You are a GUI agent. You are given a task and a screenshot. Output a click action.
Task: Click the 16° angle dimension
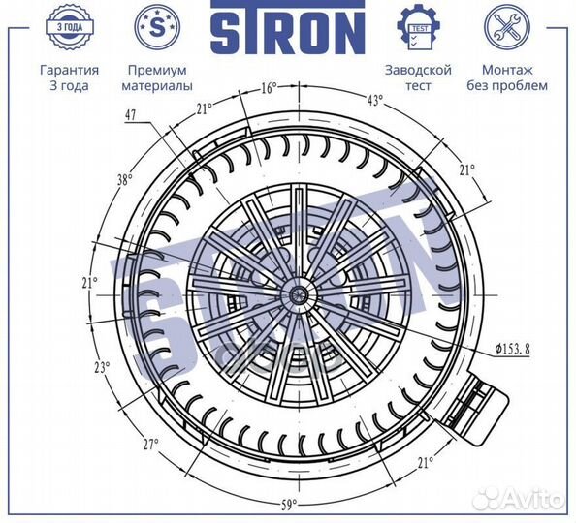click(x=270, y=88)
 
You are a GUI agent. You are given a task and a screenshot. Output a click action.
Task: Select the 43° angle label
click(x=374, y=100)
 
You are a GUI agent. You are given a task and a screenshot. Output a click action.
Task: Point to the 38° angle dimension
click(x=124, y=180)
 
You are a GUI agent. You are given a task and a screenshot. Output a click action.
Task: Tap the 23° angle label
click(x=102, y=367)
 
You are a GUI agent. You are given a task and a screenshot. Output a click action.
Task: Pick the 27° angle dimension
click(x=150, y=445)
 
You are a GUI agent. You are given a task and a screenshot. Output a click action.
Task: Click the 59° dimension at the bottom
click(x=289, y=506)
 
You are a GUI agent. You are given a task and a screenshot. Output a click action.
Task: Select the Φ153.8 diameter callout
click(x=512, y=349)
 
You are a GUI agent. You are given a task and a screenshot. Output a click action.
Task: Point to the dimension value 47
click(x=130, y=115)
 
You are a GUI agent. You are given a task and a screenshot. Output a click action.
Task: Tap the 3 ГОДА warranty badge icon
click(x=70, y=27)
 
